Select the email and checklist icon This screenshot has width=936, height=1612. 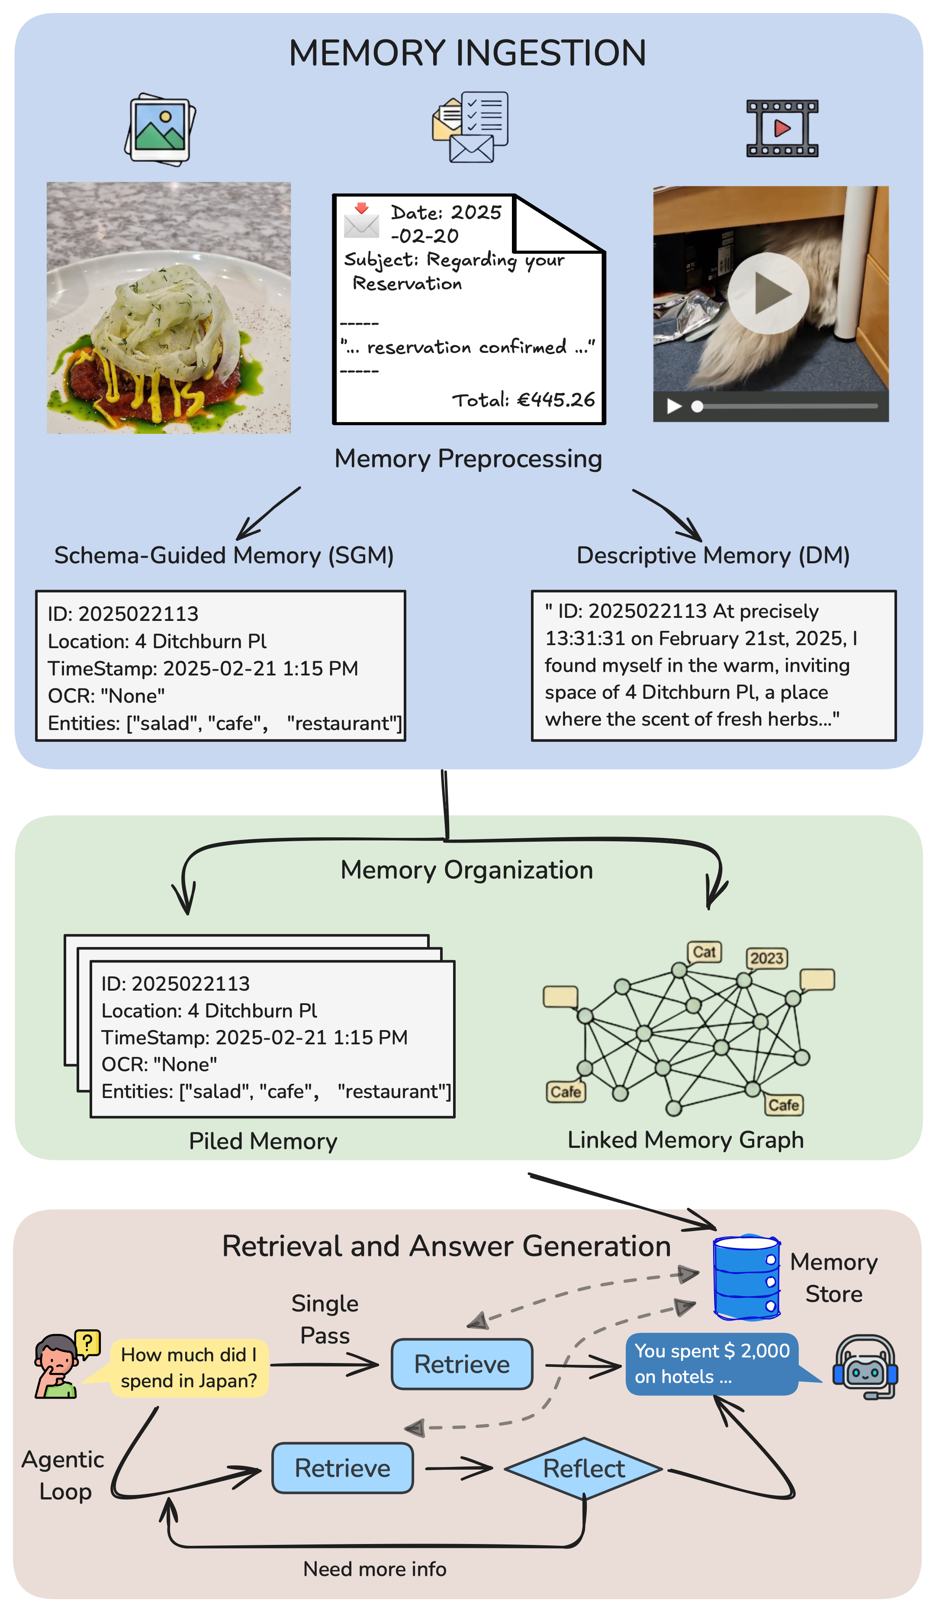coord(470,127)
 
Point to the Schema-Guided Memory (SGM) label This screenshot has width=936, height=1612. coord(224,555)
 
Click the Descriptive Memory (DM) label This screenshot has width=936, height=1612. coord(713,555)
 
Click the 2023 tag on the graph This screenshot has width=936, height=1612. coord(766,958)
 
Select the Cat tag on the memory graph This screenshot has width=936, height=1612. coord(704,952)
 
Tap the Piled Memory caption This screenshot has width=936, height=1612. coord(263,1141)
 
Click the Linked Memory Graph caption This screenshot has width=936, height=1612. coord(685,1140)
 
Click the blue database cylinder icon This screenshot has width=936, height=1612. coord(746,1277)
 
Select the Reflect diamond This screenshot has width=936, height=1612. coord(583,1469)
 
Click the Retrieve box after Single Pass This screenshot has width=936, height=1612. coord(462,1364)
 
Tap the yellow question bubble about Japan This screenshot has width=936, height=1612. coord(189,1368)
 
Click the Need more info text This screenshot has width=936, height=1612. coord(375,1569)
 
